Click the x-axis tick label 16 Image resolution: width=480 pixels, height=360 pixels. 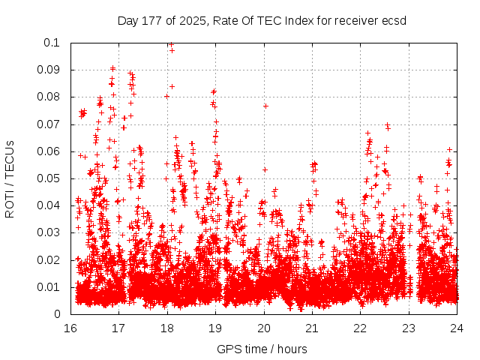coord(70,328)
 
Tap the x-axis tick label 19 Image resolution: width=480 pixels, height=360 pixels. coord(215,328)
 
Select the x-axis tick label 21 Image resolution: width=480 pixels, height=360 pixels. coord(312,328)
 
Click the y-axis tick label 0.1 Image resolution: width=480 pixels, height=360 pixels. coord(54,43)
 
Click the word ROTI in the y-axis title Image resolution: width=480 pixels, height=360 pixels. coord(10,202)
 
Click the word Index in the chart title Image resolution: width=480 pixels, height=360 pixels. coord(299,20)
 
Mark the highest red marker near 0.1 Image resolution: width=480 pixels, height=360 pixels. coord(171,44)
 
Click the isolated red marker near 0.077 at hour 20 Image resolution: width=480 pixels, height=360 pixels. coord(265,106)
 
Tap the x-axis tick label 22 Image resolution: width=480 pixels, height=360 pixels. coord(360,328)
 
